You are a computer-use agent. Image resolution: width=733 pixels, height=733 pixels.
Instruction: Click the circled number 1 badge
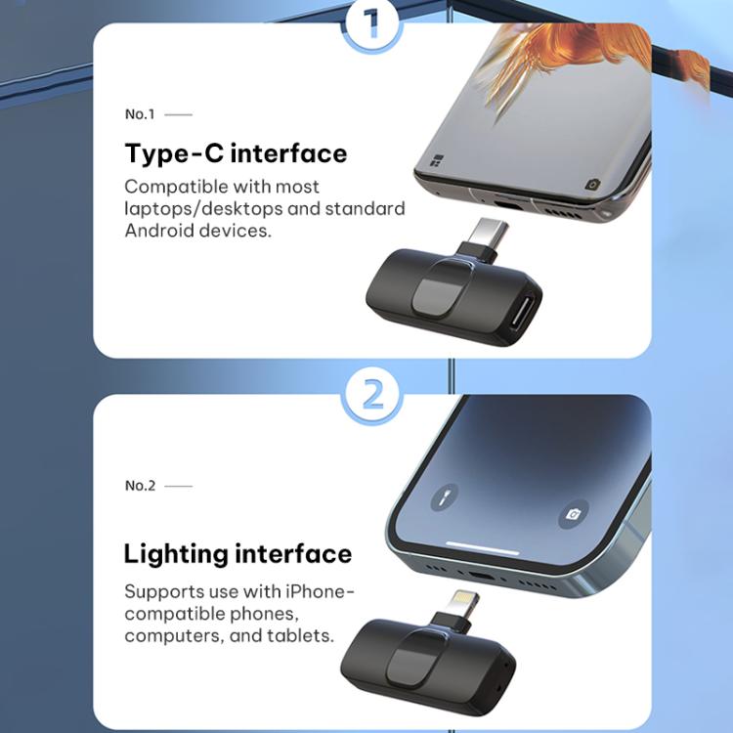pyautogui.click(x=371, y=23)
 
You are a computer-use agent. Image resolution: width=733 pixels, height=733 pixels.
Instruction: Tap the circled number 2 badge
pyautogui.click(x=372, y=394)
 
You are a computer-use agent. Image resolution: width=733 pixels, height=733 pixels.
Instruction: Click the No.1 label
pyautogui.click(x=140, y=114)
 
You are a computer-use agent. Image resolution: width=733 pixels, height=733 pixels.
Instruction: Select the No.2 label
pyautogui.click(x=140, y=486)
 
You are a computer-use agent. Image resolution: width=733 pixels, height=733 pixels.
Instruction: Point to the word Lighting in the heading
pyautogui.click(x=175, y=555)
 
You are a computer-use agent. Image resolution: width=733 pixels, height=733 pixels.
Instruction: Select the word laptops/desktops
pyautogui.click(x=203, y=209)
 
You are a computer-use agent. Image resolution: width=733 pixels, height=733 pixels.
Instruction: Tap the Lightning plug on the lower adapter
pyautogui.click(x=462, y=604)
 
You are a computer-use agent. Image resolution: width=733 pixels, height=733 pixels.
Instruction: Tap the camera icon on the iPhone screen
pyautogui.click(x=573, y=515)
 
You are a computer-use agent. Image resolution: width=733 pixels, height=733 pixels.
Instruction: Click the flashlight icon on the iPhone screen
pyautogui.click(x=444, y=497)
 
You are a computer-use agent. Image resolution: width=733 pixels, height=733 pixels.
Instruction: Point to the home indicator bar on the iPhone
pyautogui.click(x=483, y=547)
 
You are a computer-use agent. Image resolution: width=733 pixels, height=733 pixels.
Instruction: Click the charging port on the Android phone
pyautogui.click(x=510, y=204)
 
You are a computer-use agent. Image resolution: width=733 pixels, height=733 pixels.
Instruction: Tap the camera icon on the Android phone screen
pyautogui.click(x=592, y=185)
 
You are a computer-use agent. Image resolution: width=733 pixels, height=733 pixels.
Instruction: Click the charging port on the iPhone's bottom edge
pyautogui.click(x=483, y=575)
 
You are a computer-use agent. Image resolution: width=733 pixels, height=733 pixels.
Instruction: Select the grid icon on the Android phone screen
pyautogui.click(x=436, y=161)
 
